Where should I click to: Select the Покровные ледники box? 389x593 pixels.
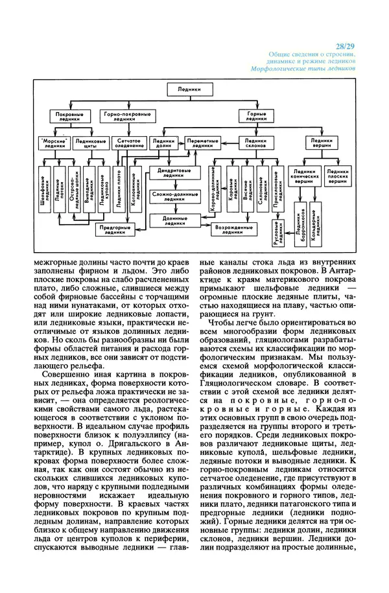[x=68, y=116]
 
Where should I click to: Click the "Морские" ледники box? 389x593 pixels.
[x=53, y=143]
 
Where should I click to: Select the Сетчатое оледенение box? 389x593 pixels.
[x=128, y=143]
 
